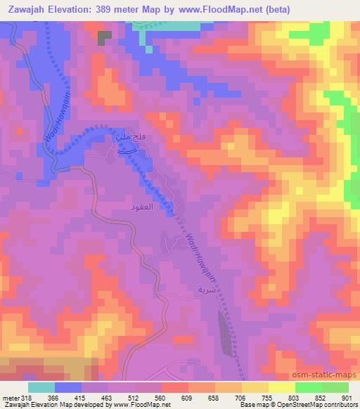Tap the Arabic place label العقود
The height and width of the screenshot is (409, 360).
click(x=140, y=209)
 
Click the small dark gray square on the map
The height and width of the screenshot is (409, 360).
click(x=105, y=37)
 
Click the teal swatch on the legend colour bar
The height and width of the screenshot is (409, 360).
click(x=41, y=387)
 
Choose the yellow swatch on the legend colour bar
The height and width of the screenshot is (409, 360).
click(x=282, y=387)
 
